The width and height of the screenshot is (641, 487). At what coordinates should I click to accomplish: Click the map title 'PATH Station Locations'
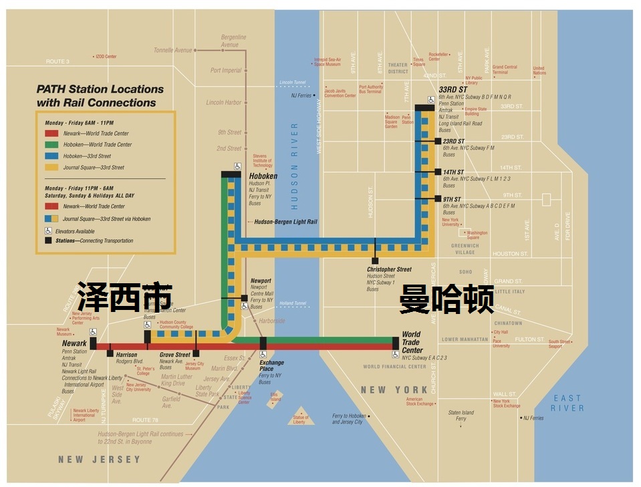pos(100,90)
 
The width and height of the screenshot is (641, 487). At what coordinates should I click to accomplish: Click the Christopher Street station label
pos(389,269)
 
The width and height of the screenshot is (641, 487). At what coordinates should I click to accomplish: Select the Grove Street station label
pos(175,355)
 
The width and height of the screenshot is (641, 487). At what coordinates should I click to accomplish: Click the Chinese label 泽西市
pos(124,296)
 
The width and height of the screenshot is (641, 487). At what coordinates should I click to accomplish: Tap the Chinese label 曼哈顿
pos(446,299)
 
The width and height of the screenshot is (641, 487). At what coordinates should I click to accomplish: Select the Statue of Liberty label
pos(300,420)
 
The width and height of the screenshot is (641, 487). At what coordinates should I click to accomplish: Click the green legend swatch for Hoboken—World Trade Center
pos(41,144)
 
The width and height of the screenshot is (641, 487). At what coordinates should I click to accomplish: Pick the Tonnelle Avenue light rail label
pos(172,50)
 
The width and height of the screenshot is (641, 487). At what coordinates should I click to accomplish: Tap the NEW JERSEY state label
pos(100,460)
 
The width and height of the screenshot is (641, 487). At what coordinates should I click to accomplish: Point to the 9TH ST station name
pos(452,199)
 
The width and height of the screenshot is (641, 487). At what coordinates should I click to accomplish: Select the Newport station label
pos(261,281)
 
